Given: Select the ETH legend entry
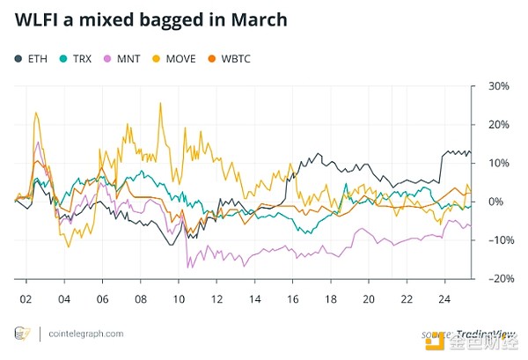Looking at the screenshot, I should point(31,58).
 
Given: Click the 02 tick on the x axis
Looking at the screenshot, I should point(26,298).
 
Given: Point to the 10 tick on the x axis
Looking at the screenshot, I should point(179,298).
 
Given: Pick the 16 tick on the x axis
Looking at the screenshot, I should point(293,298).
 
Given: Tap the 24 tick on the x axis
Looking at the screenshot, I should point(445,298).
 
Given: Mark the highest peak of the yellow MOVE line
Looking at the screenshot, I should point(159,104).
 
